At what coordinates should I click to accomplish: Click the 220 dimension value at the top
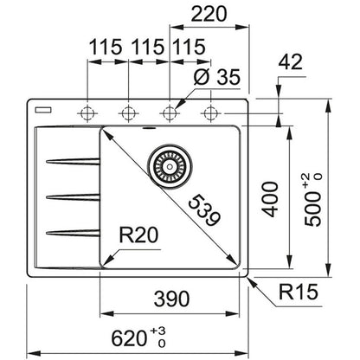209,14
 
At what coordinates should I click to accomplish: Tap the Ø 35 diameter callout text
216,77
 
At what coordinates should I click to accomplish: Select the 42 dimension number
291,61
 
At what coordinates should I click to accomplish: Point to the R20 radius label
138,235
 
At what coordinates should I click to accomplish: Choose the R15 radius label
299,292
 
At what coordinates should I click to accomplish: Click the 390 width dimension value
172,299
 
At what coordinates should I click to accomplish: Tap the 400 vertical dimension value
270,199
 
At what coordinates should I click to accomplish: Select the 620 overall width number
129,338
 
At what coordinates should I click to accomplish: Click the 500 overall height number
312,209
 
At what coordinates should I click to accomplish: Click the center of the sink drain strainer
170,166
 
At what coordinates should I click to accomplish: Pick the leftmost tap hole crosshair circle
87,113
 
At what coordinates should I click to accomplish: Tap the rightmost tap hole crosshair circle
210,113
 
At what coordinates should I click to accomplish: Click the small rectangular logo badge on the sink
43,110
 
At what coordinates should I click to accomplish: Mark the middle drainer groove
73,197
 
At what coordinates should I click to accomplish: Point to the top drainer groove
73,162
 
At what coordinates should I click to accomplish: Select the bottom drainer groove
73,233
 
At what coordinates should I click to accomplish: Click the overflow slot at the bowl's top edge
149,128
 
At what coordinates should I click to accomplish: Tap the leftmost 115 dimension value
106,47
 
